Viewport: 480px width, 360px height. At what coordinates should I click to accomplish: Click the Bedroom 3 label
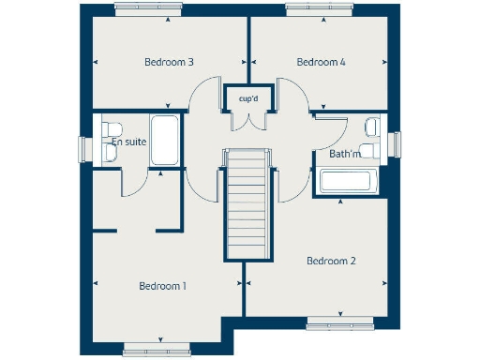(169, 63)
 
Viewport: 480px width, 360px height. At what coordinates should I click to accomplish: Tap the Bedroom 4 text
(322, 63)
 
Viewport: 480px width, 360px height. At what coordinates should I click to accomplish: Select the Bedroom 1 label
(163, 285)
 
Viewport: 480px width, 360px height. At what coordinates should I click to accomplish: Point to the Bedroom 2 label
(331, 261)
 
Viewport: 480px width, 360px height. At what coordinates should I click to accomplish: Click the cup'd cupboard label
(248, 97)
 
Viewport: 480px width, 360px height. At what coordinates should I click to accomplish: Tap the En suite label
(127, 143)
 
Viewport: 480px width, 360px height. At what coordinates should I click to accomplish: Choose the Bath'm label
(344, 153)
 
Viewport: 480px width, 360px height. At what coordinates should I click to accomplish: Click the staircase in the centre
(248, 206)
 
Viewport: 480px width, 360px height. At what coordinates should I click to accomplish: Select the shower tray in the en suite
(166, 142)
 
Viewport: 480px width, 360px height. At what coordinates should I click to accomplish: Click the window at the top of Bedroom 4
(322, 8)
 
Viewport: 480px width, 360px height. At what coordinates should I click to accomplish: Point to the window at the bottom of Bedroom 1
(157, 351)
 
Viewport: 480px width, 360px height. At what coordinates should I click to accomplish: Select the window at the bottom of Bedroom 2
(342, 325)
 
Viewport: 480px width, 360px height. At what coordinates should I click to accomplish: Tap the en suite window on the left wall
(82, 150)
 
